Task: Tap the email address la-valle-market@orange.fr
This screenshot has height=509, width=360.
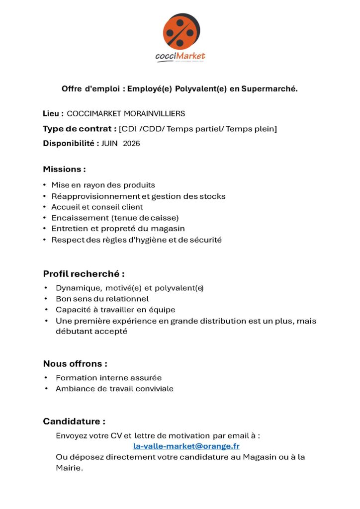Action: [186, 446]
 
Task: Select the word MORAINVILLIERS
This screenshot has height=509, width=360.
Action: [157, 114]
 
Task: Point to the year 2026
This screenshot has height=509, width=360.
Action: [132, 144]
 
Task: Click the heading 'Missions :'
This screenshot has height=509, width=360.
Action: [64, 169]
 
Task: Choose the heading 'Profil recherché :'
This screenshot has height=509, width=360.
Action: [84, 273]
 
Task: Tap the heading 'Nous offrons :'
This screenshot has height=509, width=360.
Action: [75, 363]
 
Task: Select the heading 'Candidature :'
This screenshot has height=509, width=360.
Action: [74, 422]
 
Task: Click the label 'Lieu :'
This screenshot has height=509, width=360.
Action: [53, 114]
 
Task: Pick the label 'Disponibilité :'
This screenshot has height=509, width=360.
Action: [71, 144]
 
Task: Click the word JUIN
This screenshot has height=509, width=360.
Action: [110, 144]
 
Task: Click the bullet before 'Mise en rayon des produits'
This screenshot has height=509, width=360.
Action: [45, 185]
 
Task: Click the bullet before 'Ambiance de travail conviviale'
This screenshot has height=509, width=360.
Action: [46, 389]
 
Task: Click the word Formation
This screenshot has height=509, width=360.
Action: [75, 378]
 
